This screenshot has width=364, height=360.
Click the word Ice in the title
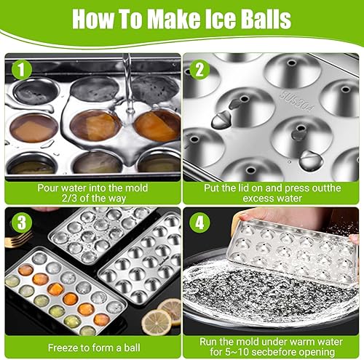pos(219,19)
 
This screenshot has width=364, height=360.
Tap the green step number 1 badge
pos(22,70)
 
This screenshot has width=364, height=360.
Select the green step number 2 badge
pos(199,70)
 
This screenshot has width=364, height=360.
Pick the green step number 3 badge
pos(22,223)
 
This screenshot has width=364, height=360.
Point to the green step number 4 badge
pos(199,223)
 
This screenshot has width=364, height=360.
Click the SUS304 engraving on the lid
pos(297,101)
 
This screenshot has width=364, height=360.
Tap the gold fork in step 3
pos(18,239)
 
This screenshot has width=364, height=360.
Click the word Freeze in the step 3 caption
pos(63,348)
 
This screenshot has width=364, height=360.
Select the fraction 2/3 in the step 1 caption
pos(69,199)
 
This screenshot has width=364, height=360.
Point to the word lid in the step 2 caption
pos(243,188)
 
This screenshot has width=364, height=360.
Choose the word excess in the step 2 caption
pos(258,199)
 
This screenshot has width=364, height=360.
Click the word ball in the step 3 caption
pos(132,348)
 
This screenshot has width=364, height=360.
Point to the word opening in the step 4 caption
pos(317,352)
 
